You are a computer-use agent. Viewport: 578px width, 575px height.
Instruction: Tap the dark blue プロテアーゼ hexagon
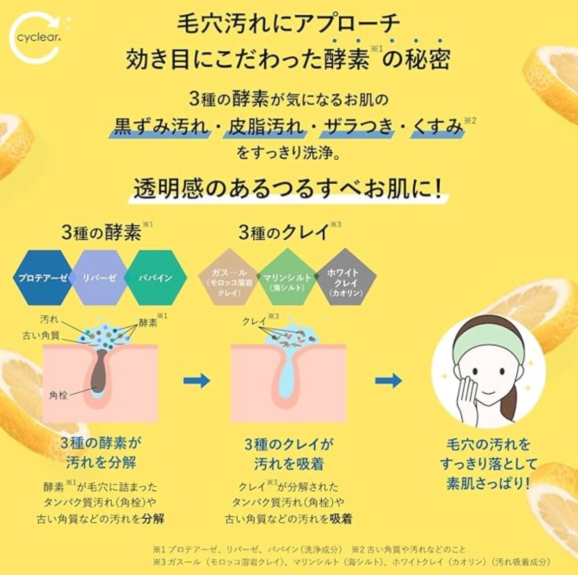click(x=43, y=277)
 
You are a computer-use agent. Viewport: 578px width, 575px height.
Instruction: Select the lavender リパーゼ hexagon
click(x=100, y=277)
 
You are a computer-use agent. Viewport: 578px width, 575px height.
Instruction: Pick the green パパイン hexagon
click(x=155, y=277)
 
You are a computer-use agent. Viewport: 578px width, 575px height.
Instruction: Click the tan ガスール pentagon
click(x=228, y=280)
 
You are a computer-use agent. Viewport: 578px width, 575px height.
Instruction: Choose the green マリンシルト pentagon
click(x=287, y=280)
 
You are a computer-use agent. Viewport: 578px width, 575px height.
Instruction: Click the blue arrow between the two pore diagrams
click(x=197, y=380)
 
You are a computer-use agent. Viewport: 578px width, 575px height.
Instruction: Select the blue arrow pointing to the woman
click(x=389, y=380)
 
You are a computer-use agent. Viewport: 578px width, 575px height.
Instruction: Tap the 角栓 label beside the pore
click(x=58, y=395)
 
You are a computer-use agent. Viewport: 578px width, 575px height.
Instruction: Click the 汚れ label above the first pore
click(x=50, y=320)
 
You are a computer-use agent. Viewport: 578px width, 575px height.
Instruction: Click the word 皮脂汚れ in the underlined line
click(x=266, y=127)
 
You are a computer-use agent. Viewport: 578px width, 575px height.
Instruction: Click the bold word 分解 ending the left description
click(x=152, y=518)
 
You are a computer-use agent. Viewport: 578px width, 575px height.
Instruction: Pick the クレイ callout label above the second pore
click(x=254, y=321)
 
